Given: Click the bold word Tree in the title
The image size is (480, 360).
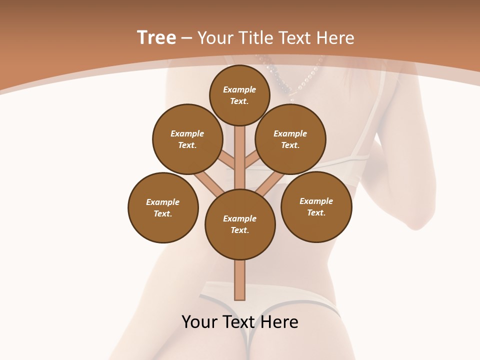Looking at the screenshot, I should pyautogui.click(x=156, y=38).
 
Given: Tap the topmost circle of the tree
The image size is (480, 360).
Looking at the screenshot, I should pyautogui.click(x=239, y=95).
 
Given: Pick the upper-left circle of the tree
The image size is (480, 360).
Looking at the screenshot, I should pyautogui.click(x=187, y=139).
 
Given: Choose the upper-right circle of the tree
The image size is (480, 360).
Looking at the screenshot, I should pyautogui.click(x=290, y=139).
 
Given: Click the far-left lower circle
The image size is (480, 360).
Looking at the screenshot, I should pyautogui.click(x=163, y=207).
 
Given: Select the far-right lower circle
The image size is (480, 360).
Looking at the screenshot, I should pyautogui.click(x=316, y=206).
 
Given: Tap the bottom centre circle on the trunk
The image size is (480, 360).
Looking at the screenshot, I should pyautogui.click(x=240, y=224).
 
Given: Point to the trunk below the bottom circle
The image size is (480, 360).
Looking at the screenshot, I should pyautogui.click(x=240, y=280).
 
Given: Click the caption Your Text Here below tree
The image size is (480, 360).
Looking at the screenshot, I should pyautogui.click(x=240, y=322).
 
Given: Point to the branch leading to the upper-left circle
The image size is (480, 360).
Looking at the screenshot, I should pyautogui.click(x=226, y=161).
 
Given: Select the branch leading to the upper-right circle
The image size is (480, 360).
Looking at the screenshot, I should pyautogui.click(x=253, y=161).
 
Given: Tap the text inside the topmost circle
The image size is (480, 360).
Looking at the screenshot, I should pyautogui.click(x=239, y=95).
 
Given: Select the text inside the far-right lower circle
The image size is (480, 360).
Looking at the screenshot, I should pyautogui.click(x=316, y=206).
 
